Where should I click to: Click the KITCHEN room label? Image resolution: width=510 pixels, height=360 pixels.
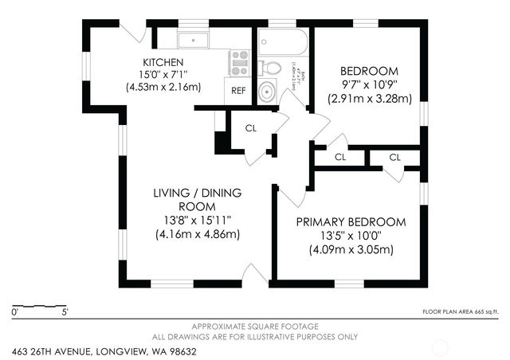coord(163,62)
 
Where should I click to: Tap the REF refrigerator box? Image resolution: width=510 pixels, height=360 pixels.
coord(238,90)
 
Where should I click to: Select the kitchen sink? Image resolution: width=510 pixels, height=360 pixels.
coord(193,40)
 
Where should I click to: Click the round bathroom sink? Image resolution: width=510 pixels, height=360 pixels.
coord(270,92)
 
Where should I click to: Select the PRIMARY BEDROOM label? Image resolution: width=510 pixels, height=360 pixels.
coord(351,221)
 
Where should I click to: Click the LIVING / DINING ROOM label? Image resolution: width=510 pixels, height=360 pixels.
coord(198,200)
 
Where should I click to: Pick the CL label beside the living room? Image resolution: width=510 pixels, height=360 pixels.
coord(250,128)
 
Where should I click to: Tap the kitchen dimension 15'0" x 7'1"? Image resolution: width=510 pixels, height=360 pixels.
coord(163,75)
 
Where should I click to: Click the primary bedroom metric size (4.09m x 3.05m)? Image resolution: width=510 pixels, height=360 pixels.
coord(351,249)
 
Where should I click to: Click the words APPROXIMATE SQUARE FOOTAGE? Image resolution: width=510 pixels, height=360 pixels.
coord(255,327)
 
